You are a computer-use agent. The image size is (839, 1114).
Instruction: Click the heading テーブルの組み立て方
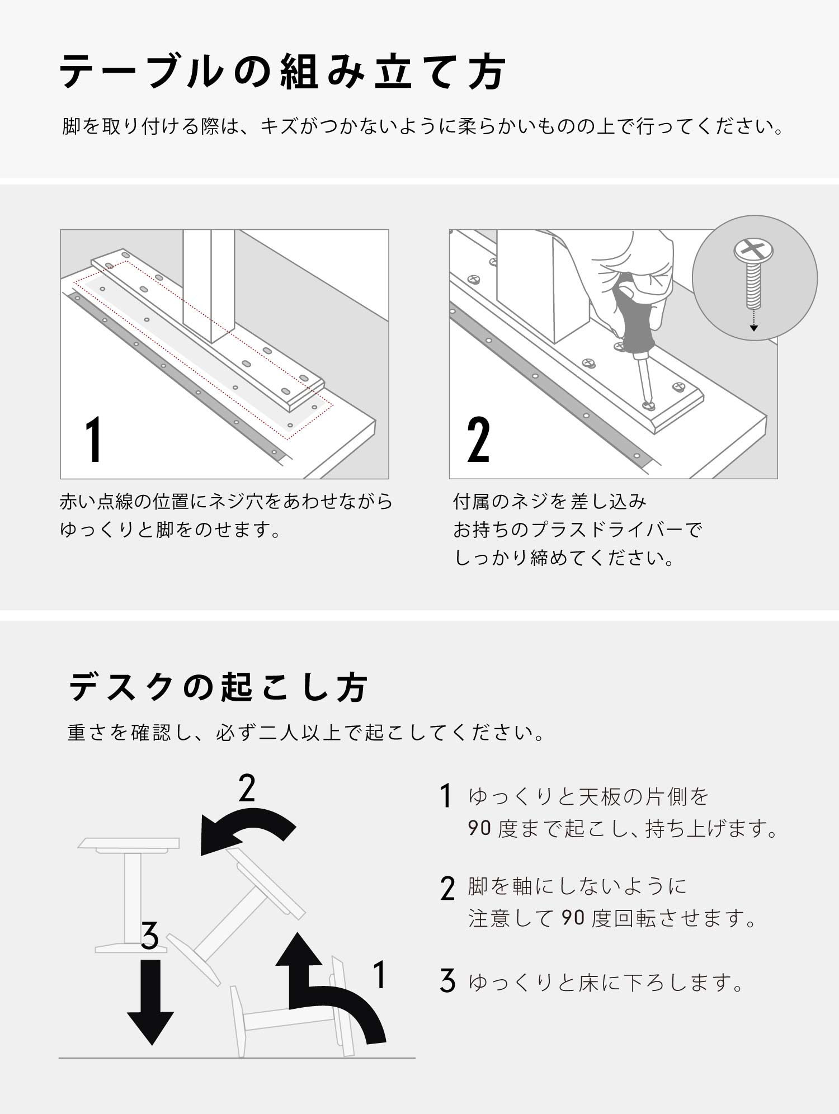282,72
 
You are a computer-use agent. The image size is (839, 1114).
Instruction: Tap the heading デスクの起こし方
218,687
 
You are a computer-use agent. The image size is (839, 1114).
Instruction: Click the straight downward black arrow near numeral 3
150,1002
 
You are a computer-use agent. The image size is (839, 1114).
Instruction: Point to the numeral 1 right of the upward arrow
380,975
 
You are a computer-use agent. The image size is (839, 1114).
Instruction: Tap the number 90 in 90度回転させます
573,918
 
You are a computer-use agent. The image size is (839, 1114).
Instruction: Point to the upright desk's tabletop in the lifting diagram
129,843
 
